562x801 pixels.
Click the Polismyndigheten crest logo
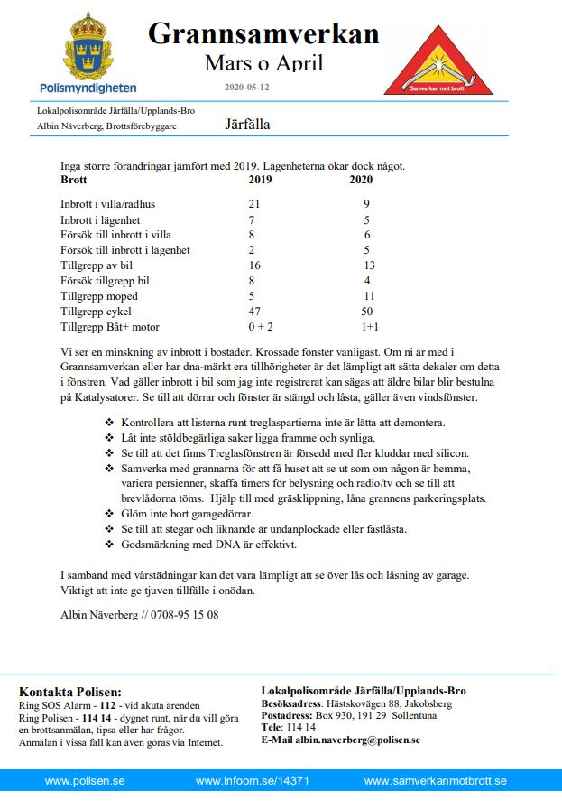click(88, 45)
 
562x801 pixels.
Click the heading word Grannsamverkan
click(263, 33)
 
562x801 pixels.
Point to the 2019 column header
click(260, 180)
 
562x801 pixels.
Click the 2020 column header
click(361, 180)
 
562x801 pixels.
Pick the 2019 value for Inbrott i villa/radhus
click(254, 204)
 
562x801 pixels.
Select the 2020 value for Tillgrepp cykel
click(366, 312)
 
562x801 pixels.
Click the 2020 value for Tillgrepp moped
click(368, 296)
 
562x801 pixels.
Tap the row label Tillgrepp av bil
click(96, 265)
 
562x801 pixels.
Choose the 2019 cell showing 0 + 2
click(260, 327)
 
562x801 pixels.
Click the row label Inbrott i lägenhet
click(101, 219)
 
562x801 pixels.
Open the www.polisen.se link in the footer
click(85, 781)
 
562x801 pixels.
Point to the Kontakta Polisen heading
click(69, 691)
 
